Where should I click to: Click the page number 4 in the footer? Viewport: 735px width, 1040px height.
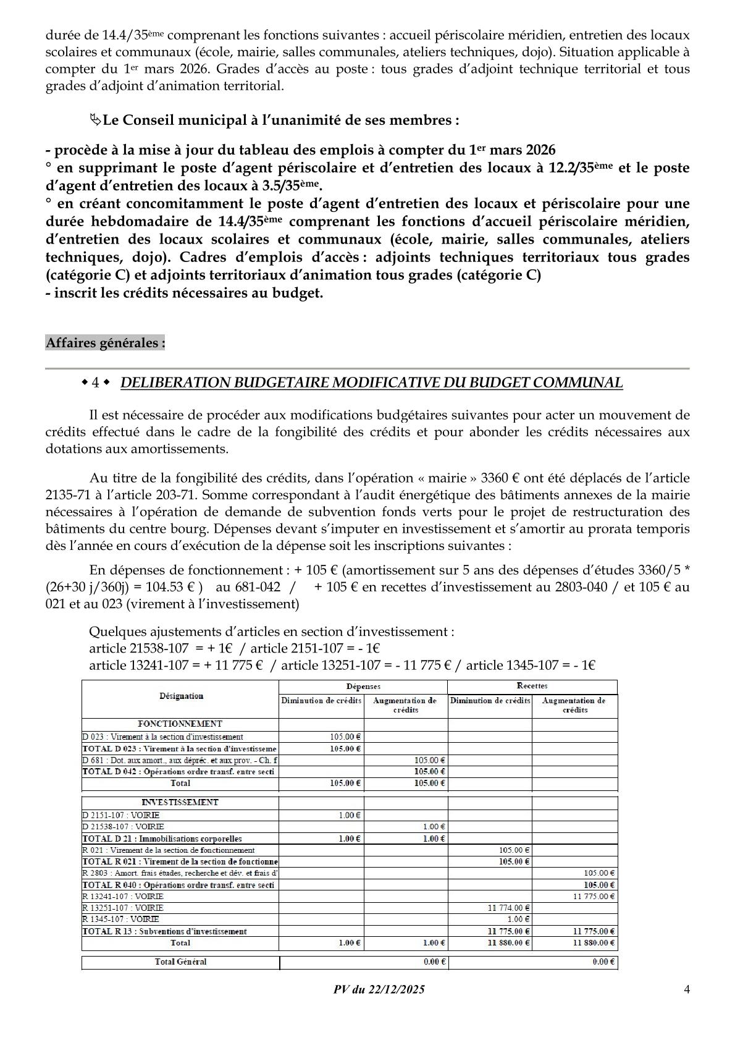(686, 989)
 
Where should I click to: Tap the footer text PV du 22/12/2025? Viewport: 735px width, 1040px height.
(379, 989)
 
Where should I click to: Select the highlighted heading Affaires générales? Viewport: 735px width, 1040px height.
(105, 342)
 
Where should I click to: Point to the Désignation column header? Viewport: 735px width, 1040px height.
(181, 696)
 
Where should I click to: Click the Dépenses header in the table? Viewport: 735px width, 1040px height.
(363, 686)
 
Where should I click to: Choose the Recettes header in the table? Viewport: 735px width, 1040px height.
(532, 686)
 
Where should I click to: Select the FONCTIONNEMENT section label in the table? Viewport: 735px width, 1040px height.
(180, 724)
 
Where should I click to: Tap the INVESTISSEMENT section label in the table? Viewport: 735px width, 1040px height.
(180, 802)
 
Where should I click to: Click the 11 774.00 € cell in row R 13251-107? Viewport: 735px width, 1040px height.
(510, 908)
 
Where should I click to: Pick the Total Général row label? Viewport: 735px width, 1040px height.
(181, 962)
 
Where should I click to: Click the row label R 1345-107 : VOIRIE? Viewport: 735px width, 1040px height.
(120, 920)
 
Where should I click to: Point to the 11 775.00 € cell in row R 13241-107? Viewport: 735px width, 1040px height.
(594, 896)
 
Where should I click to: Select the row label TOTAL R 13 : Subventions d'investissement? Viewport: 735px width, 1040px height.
(164, 931)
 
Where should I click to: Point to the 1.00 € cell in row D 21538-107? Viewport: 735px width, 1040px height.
(434, 827)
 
